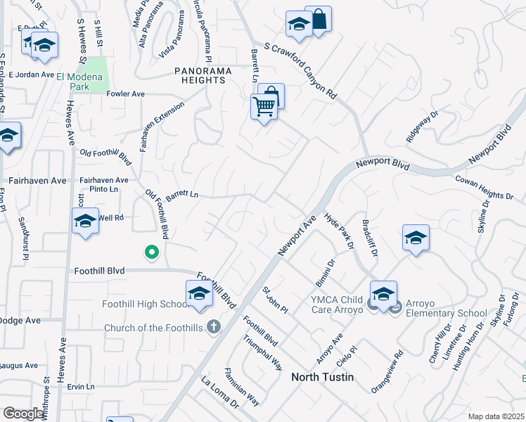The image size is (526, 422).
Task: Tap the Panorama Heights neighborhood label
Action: tap(200, 75)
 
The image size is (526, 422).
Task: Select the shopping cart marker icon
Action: tap(264, 107)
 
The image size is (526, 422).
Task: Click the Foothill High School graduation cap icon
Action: tap(199, 293)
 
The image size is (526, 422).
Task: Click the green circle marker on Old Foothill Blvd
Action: tap(150, 251)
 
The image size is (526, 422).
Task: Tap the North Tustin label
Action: tap(322, 377)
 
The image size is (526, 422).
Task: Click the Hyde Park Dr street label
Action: tap(339, 231)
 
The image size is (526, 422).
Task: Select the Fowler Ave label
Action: tap(125, 94)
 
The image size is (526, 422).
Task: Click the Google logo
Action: tap(23, 414)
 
